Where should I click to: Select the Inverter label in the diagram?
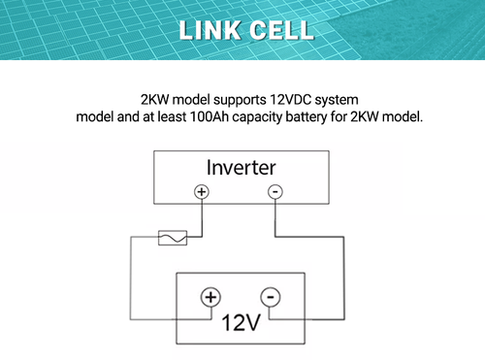point(242,168)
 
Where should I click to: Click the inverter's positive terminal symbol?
point(202,192)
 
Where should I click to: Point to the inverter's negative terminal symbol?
point(275,192)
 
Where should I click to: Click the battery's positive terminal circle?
point(210,297)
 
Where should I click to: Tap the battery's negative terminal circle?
point(270,297)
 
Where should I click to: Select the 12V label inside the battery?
point(240,321)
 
